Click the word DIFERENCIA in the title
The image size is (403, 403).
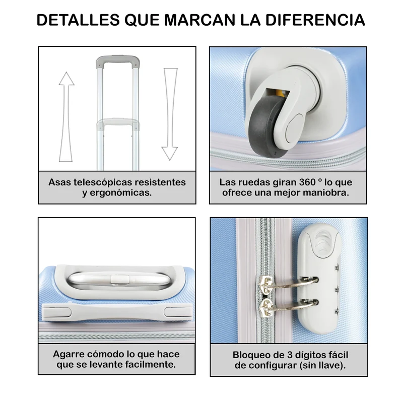point(315,20)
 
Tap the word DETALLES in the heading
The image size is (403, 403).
point(78,20)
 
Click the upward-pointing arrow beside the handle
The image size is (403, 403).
point(66,117)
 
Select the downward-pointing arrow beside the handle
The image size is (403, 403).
point(170,114)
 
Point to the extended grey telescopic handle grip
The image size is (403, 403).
point(118,61)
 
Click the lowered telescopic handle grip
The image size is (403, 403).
point(118,123)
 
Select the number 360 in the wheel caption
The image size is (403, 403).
point(307,182)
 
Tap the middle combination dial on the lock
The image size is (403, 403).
point(337,290)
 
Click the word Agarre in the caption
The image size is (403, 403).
point(69,354)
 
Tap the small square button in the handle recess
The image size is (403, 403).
point(120,280)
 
